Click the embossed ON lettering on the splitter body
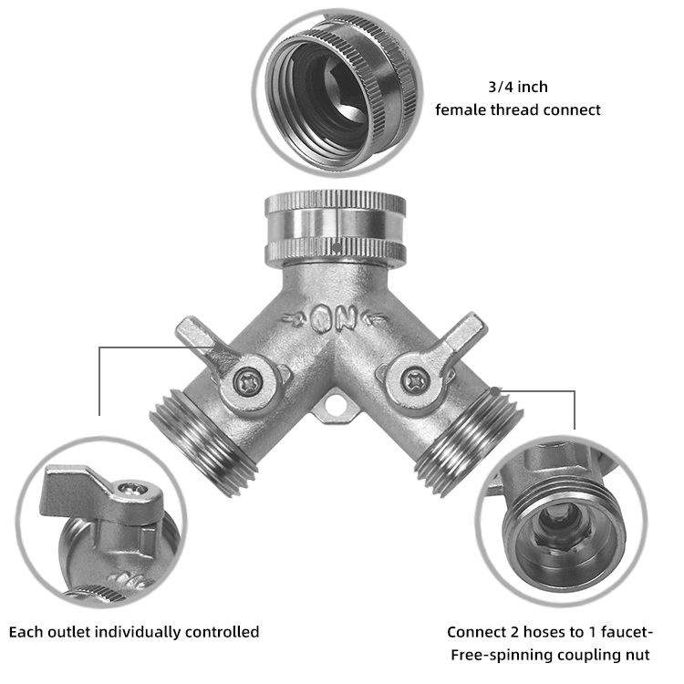click(333, 319)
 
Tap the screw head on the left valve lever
click(248, 383)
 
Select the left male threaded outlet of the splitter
click(203, 442)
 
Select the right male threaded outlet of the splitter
click(470, 440)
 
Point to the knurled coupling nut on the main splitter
click(336, 228)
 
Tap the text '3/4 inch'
click(518, 87)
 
